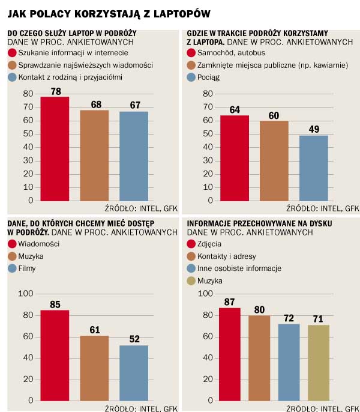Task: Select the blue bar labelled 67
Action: pyautogui.click(x=133, y=156)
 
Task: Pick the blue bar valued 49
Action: pyautogui.click(x=313, y=168)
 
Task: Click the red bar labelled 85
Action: pyautogui.click(x=55, y=355)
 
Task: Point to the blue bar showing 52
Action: pyautogui.click(x=133, y=372)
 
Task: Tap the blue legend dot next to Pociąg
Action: pyautogui.click(x=192, y=77)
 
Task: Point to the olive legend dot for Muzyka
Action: pyautogui.click(x=192, y=280)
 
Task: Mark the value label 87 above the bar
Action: pyautogui.click(x=229, y=301)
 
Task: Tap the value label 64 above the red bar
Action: pyautogui.click(x=234, y=109)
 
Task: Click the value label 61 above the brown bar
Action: pyautogui.click(x=94, y=329)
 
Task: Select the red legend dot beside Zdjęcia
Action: pyautogui.click(x=192, y=244)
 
